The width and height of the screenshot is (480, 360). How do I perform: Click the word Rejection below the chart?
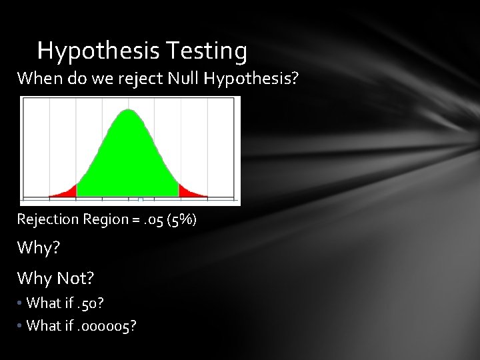[x=45, y=219]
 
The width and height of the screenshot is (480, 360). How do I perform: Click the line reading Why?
[x=39, y=249]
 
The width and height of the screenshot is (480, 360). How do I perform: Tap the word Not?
[x=77, y=277]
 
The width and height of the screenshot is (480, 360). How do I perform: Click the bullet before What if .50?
[x=21, y=303]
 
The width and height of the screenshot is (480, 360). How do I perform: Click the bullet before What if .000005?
[x=21, y=326]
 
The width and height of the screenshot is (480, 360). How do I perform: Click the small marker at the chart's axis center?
[x=140, y=199]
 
